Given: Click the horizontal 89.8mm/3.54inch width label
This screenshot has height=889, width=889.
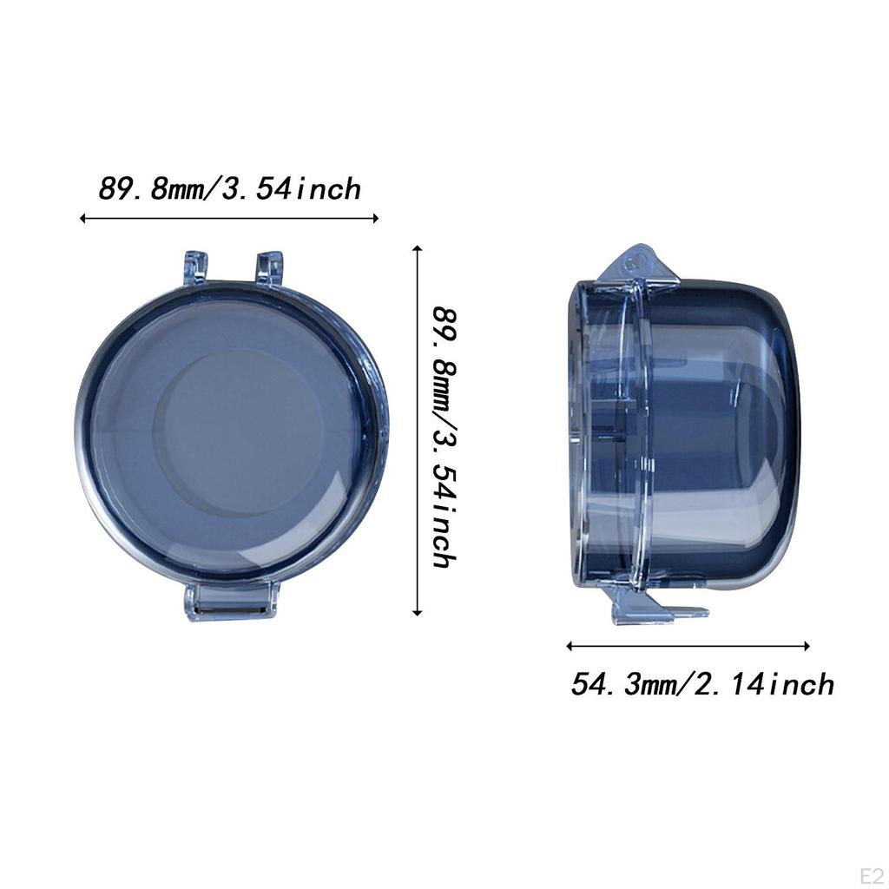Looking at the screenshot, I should coord(229,189).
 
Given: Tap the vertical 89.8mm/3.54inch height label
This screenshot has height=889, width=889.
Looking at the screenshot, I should coord(444,436).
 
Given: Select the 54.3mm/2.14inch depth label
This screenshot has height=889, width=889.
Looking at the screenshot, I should coord(701,684).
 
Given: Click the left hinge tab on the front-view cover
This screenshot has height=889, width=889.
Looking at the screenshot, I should coord(195,267).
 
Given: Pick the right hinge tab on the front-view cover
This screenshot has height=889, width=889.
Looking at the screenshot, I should coord(269,267).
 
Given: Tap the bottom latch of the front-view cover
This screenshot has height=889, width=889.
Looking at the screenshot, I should coord(231,601).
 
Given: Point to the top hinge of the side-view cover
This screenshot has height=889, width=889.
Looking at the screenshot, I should coord(638,265).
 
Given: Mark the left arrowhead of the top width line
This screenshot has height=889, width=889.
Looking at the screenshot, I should coord(83,218).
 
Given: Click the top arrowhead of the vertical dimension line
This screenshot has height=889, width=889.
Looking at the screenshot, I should coord(418,249).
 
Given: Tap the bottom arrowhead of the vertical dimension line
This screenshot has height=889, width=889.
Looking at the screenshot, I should coord(418,612).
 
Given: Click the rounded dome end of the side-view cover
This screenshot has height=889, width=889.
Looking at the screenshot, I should coord(764,434).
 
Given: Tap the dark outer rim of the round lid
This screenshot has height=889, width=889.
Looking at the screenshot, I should coord(87,434).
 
